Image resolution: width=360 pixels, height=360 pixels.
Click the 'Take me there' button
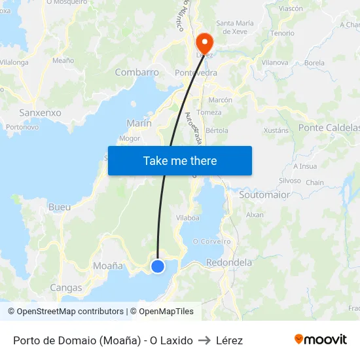[180, 160]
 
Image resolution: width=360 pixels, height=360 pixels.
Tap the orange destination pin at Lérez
[204, 43]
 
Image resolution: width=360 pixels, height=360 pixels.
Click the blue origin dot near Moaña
[158, 266]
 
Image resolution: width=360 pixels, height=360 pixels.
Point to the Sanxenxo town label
[40, 113]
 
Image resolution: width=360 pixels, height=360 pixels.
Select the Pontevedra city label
[196, 73]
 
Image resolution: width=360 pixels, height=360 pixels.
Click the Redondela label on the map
[229, 262]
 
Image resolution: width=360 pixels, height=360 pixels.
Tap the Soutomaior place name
[264, 195]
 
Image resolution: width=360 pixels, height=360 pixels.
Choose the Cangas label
[66, 287]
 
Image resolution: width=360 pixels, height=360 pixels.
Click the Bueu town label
[60, 207]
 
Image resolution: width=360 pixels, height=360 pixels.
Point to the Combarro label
[137, 73]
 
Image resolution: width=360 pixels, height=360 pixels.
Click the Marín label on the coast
[139, 123]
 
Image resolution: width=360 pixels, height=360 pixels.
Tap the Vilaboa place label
[188, 218]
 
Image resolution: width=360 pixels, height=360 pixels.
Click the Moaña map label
[108, 266]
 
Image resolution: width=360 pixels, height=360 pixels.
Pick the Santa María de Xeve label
[234, 27]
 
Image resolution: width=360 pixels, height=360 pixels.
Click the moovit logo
[321, 339]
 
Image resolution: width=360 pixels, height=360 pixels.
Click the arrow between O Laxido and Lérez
[204, 340]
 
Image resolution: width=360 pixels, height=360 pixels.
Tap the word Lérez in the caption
[229, 340]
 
